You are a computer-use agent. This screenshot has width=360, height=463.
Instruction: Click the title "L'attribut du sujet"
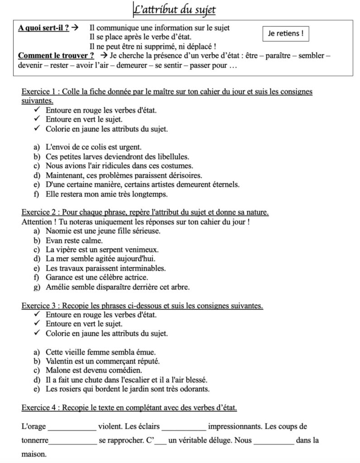point(175,9)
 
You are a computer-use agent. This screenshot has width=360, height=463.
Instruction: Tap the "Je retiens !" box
point(286,33)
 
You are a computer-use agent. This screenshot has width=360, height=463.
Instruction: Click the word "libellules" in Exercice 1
point(171,156)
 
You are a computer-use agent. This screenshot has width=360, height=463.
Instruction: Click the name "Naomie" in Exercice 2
point(58,231)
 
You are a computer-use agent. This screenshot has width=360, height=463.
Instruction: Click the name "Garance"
point(59,277)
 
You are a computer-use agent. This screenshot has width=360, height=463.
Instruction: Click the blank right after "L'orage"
point(72,427)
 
